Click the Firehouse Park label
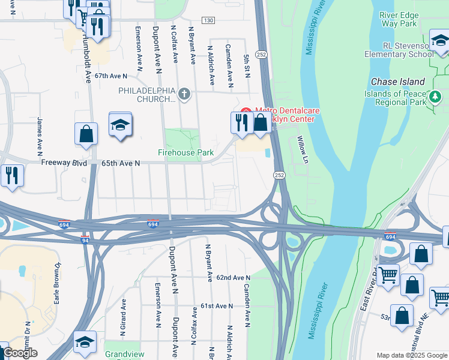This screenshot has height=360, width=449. tap(185, 153)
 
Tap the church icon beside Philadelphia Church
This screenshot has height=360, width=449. tap(184, 94)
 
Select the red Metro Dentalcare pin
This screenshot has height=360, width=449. tap(245, 111)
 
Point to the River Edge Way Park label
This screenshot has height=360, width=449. tap(399, 19)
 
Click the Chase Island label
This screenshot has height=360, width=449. tap(397, 82)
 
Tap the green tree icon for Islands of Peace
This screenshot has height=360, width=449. tap(435, 96)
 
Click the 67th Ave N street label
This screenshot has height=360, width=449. tap(111, 76)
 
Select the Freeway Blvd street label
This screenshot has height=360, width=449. tap(64, 163)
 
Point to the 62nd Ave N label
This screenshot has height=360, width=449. tap(233, 278)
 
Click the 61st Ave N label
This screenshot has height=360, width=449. tap(216, 306)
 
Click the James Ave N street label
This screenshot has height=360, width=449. tap(40, 133)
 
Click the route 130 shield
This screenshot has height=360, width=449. tap(208, 20)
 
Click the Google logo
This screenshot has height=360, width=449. tap(20, 353)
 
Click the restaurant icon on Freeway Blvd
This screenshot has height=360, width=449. tap(11, 175)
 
